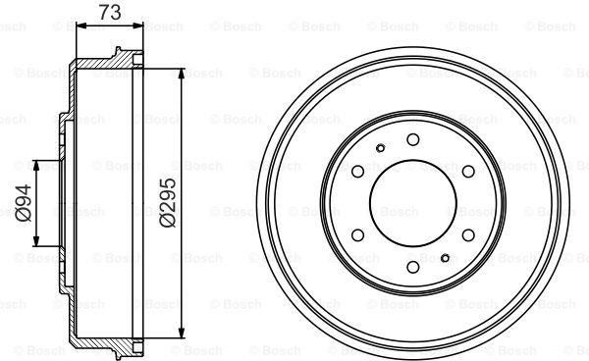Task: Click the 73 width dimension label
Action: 110,12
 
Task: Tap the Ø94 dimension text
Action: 24,203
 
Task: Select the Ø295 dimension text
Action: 168,203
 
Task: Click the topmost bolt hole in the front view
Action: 413,139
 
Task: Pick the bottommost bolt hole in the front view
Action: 413,267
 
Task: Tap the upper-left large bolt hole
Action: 357,172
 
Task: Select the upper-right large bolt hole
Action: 468,172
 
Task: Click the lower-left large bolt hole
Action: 357,235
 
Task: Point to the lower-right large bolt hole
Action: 468,235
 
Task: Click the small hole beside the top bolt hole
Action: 381,148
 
